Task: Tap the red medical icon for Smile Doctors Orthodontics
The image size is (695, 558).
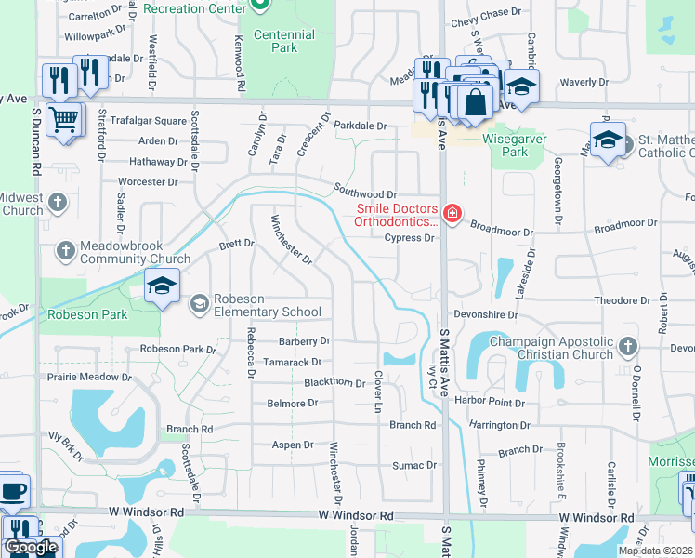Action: click(x=452, y=214)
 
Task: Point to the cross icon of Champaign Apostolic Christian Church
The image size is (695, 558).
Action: click(x=628, y=347)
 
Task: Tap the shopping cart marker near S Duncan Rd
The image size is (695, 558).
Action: click(x=63, y=120)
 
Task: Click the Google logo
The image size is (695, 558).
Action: click(x=31, y=547)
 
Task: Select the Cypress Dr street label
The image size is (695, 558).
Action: click(x=410, y=238)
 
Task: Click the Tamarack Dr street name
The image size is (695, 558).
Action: click(x=292, y=362)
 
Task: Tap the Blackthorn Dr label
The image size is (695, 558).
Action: click(x=334, y=382)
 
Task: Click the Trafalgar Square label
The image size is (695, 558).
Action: click(x=149, y=121)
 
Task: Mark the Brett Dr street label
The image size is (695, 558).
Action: click(x=236, y=244)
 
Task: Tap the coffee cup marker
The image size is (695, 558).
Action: click(x=12, y=491)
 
